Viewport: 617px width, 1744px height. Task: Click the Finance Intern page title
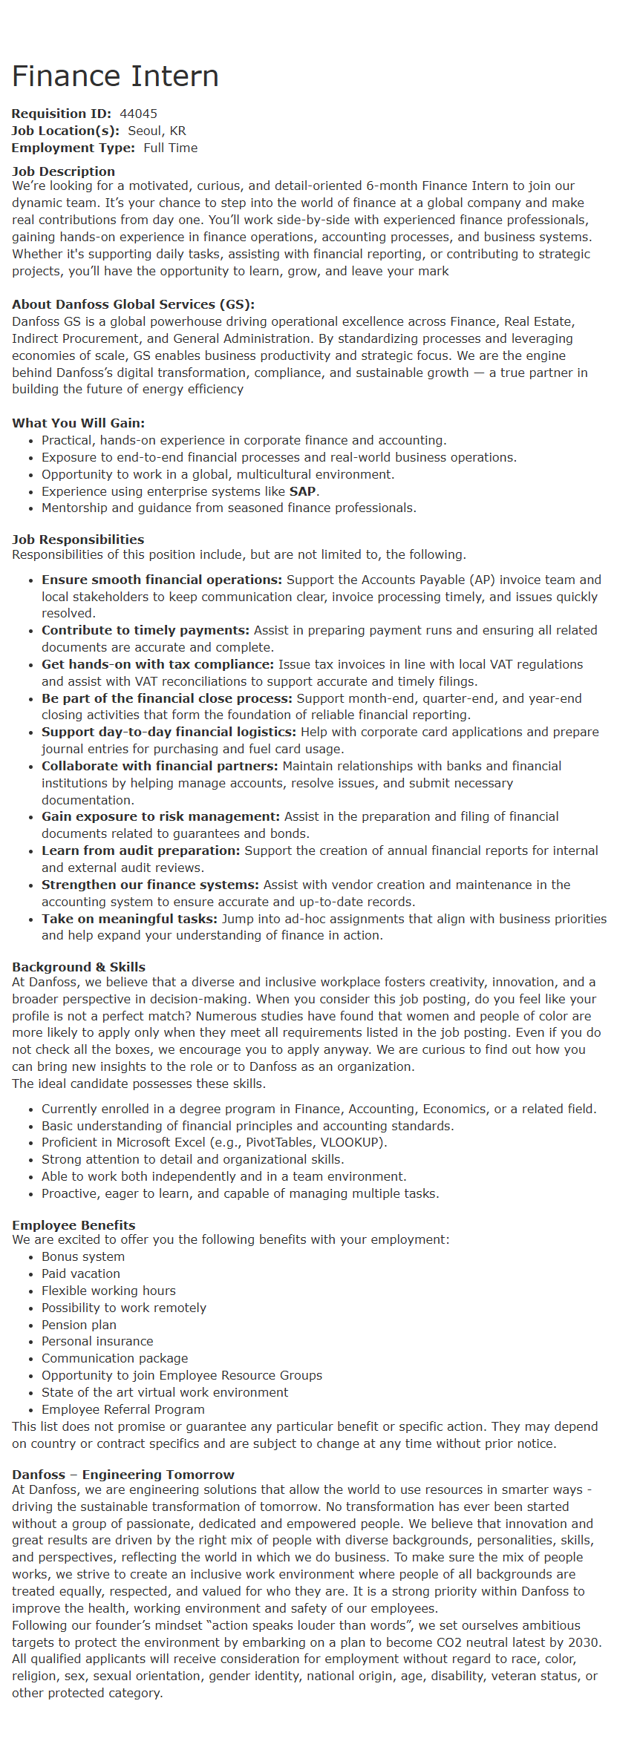click(x=115, y=76)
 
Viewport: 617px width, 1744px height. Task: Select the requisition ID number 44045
click(x=138, y=114)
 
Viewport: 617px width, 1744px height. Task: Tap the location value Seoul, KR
click(x=157, y=131)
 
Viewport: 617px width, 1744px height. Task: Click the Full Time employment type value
click(x=170, y=148)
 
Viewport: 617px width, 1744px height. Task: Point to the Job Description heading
click(x=63, y=171)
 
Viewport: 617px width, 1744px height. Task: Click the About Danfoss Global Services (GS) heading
click(x=133, y=304)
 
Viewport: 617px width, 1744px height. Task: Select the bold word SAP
click(x=302, y=491)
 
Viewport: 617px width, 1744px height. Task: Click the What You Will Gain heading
click(x=78, y=423)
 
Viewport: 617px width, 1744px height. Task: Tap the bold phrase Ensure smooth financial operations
click(x=161, y=580)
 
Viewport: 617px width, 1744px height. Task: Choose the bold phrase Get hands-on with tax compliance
click(x=157, y=664)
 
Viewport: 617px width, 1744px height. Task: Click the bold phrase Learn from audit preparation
click(x=140, y=850)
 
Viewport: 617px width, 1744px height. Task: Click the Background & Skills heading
click(x=78, y=967)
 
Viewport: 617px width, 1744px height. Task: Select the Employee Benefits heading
click(x=74, y=1225)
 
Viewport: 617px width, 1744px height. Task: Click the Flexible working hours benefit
click(x=108, y=1291)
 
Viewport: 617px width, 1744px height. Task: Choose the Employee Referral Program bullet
click(x=123, y=1409)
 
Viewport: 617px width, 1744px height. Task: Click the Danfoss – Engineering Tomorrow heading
click(x=123, y=1475)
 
